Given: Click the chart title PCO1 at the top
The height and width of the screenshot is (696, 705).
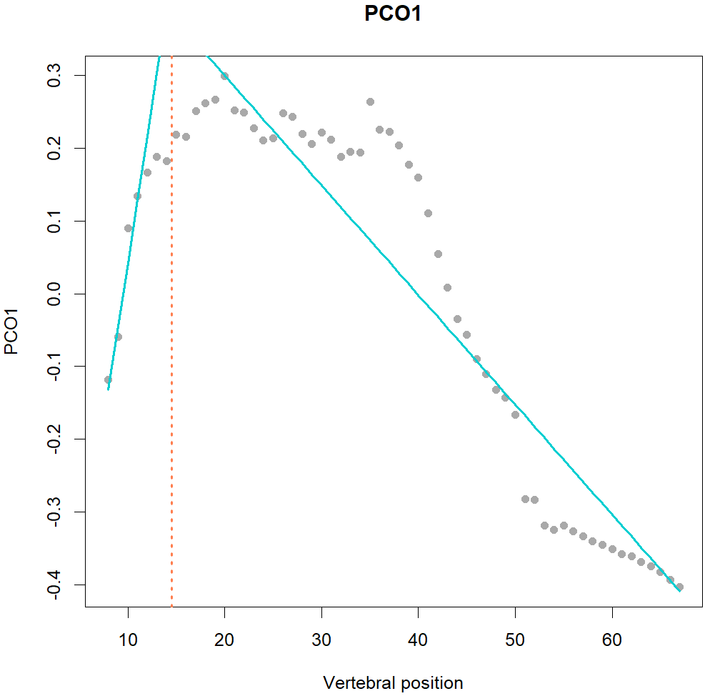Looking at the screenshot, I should (x=392, y=15).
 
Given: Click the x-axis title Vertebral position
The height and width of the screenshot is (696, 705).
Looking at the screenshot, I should (x=393, y=682).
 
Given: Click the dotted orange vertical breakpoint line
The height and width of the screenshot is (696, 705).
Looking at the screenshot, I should (x=172, y=357).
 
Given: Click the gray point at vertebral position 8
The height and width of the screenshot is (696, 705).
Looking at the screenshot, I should (x=109, y=380).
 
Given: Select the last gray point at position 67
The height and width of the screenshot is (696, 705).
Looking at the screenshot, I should (x=679, y=587).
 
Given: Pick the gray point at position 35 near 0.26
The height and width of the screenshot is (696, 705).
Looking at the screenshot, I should (x=370, y=102).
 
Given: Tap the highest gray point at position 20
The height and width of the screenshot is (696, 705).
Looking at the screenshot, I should (x=224, y=76).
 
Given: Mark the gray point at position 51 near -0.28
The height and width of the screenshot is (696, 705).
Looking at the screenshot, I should (x=525, y=499).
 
